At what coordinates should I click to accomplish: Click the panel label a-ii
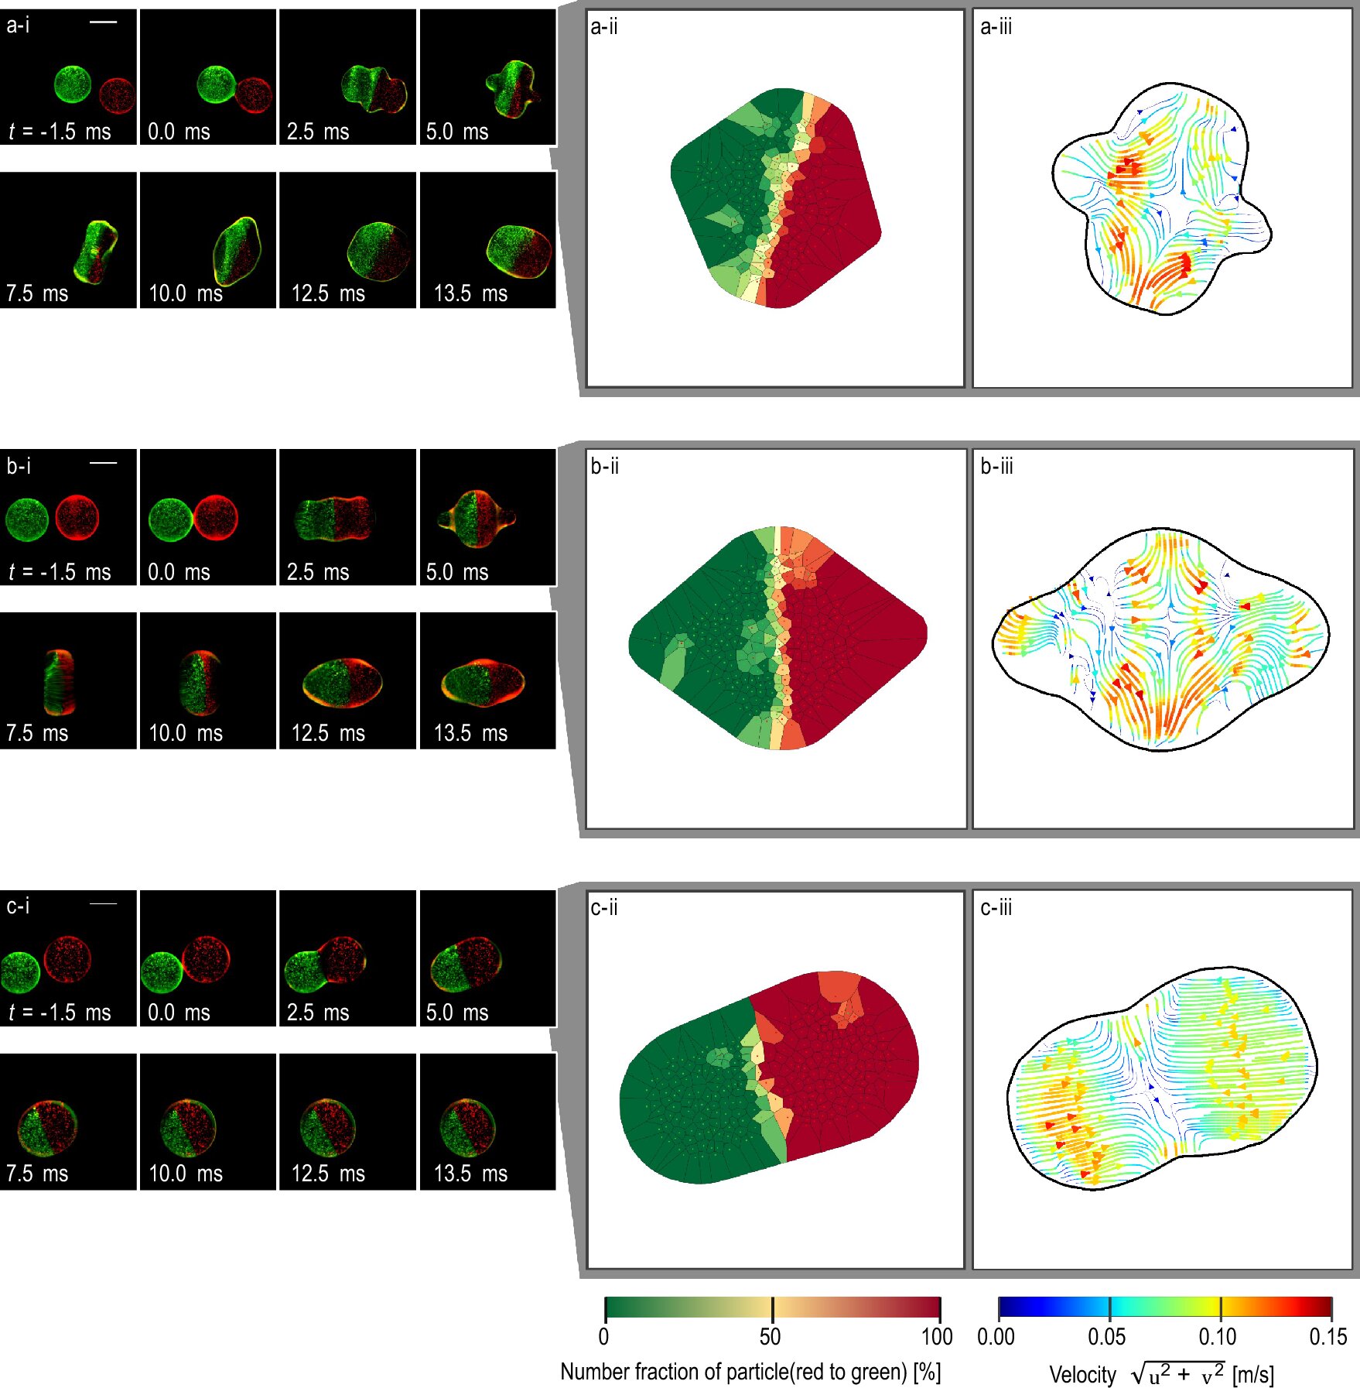point(603,27)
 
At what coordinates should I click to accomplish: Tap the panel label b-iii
point(996,467)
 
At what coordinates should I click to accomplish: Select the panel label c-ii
point(603,907)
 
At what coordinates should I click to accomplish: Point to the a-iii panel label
point(996,27)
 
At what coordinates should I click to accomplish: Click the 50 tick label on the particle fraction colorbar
point(770,1336)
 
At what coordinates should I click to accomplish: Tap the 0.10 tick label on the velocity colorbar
point(1217,1336)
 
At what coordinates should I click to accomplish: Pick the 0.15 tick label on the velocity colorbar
point(1328,1336)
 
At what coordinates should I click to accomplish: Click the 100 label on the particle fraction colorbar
point(937,1336)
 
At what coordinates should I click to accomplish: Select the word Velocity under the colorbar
point(1082,1375)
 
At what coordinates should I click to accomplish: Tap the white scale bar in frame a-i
point(103,22)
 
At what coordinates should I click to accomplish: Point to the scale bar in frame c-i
point(103,903)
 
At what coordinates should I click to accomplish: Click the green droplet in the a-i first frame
point(73,84)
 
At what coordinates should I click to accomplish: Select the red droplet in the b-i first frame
point(77,517)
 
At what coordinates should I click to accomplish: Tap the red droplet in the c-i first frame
point(68,959)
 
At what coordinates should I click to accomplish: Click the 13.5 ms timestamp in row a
point(470,293)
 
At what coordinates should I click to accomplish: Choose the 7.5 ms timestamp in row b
point(37,733)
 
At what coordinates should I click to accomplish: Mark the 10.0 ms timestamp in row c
point(186,1174)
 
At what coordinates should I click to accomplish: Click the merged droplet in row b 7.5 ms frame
point(59,682)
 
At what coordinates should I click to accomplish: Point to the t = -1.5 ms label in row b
point(60,572)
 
